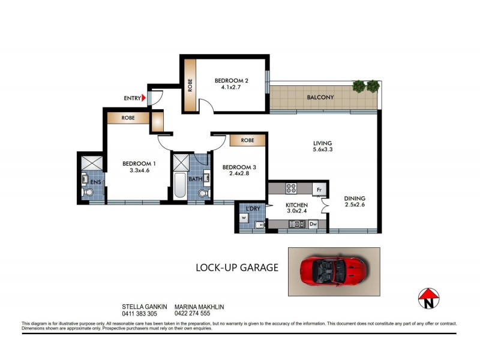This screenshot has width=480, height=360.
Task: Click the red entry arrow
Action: (x=145, y=98)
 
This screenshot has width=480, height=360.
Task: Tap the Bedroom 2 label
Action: (x=231, y=80)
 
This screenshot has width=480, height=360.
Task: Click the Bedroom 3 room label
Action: (x=235, y=167)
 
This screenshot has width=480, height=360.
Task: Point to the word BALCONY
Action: (x=320, y=97)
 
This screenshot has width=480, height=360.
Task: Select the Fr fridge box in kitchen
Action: (x=320, y=190)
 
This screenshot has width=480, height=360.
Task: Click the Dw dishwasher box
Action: (x=313, y=224)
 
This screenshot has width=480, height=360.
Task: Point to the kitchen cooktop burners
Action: (x=291, y=188)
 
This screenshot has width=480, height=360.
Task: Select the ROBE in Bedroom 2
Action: (x=190, y=84)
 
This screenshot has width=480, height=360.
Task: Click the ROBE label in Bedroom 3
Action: (x=247, y=140)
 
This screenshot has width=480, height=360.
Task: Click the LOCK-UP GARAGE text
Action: (x=237, y=268)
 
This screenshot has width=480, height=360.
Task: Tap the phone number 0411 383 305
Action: (x=139, y=314)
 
